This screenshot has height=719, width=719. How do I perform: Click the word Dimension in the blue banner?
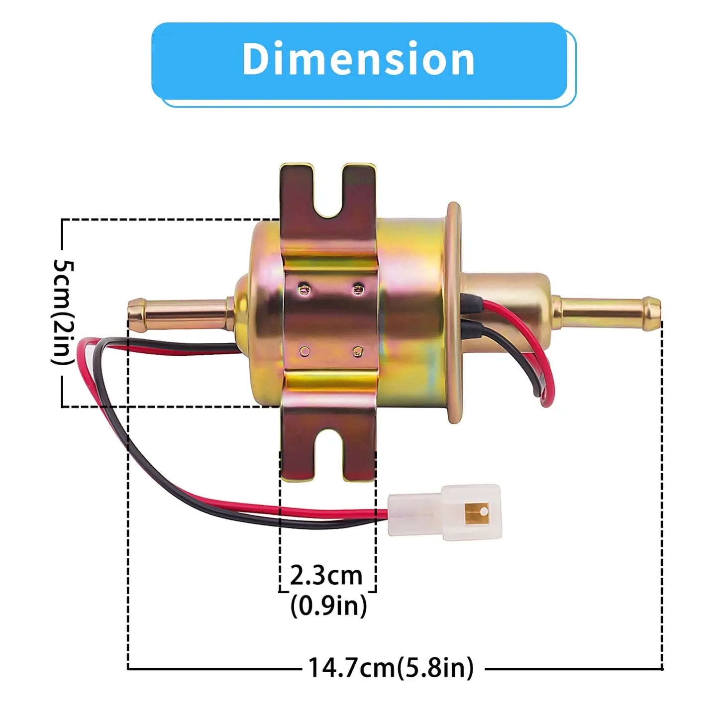(358, 59)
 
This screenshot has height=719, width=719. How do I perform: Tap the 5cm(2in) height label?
(64, 312)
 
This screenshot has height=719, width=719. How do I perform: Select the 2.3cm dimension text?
(326, 576)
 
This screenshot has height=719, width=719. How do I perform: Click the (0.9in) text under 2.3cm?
(328, 606)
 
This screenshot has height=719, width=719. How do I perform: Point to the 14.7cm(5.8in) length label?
(391, 667)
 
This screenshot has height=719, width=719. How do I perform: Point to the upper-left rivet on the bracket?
(303, 288)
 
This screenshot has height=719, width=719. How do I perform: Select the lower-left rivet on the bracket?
(304, 352)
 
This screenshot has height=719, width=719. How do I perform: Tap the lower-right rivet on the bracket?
(357, 352)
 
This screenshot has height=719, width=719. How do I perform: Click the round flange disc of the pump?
(454, 312)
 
